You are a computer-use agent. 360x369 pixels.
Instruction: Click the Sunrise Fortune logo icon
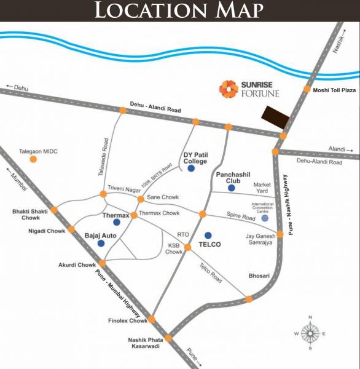coord(229,89)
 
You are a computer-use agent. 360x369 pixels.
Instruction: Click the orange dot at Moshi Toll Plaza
coord(307,90)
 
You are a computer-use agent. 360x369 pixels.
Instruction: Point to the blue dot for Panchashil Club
coord(231,188)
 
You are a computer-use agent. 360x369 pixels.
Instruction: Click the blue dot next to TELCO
coord(208,235)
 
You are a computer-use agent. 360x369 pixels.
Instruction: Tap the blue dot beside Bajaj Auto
coord(101,244)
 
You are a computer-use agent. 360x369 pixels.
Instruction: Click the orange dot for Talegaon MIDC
coord(33,159)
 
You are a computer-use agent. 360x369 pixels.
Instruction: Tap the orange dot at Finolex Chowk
coord(151,319)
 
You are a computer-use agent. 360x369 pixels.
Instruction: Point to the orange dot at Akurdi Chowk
coord(103,263)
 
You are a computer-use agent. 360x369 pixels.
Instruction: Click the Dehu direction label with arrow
coord(18,88)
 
